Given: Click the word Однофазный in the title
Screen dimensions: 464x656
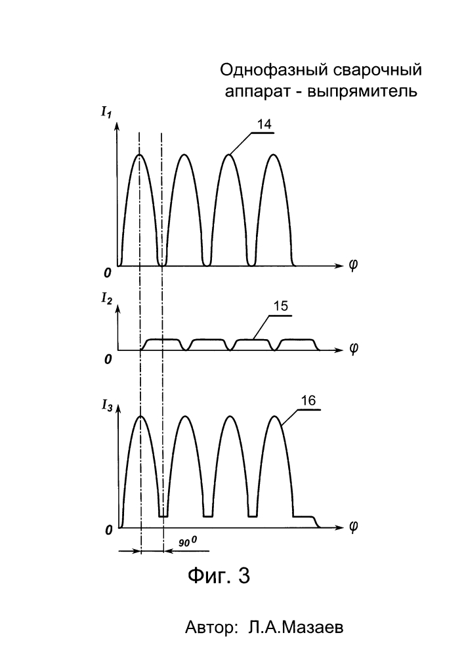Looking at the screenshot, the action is coord(274,70).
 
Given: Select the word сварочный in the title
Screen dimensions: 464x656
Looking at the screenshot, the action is coord(378,71).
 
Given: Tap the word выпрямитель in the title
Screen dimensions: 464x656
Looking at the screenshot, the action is coord(362,92).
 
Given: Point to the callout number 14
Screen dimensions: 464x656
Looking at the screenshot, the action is coord(264,124).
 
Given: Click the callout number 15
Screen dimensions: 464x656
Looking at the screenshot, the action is coord(281,306).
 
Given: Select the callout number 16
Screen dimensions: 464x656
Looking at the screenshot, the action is coord(308,400).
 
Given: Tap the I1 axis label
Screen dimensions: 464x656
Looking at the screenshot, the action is coord(106,113).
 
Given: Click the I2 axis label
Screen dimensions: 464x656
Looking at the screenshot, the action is coord(106,299).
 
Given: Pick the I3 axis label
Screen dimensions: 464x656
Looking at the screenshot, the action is coord(107,405).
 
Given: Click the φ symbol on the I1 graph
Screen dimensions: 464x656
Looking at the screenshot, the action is coord(353,266).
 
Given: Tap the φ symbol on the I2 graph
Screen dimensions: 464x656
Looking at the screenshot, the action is coord(354,349).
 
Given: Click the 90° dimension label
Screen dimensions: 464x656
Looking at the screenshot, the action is coord(188,543).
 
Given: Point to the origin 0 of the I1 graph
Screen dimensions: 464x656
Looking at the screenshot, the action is coord(108,273).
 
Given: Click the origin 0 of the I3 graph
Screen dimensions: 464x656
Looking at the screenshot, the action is coord(109,531).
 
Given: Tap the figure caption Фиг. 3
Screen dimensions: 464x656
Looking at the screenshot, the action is coord(219,576).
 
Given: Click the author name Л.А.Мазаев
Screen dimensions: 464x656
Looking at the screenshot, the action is coord(295,628).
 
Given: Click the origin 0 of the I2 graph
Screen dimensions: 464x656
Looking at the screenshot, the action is coord(108,359).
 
